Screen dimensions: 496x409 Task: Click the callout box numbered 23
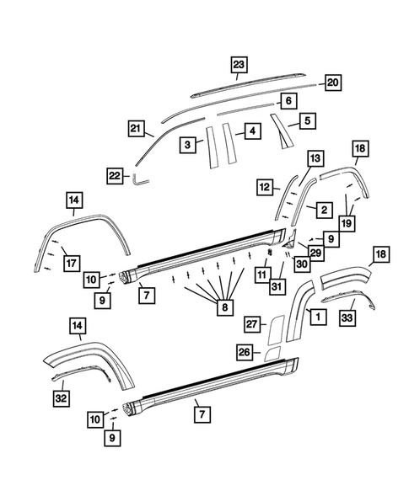pyautogui.click(x=239, y=65)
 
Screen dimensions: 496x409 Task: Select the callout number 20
pyautogui.click(x=331, y=82)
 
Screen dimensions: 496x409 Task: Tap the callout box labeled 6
pyautogui.click(x=288, y=100)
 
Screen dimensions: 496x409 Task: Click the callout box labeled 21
pyautogui.click(x=137, y=128)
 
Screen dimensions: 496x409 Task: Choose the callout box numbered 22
pyautogui.click(x=116, y=174)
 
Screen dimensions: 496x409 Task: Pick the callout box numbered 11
pyautogui.click(x=261, y=274)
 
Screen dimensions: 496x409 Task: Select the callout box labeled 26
pyautogui.click(x=245, y=351)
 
